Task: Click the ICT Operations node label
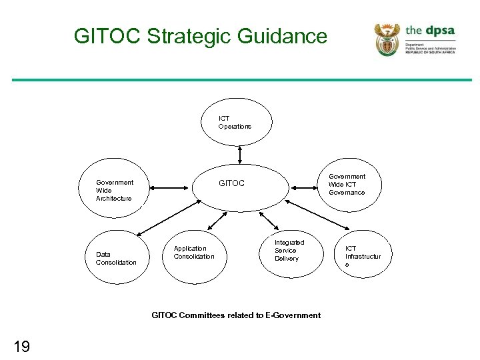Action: click(x=235, y=123)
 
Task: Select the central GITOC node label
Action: click(x=232, y=183)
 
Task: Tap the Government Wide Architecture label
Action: click(x=114, y=190)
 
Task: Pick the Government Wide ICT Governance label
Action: click(x=347, y=185)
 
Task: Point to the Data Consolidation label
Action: click(x=116, y=258)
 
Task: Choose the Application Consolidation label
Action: click(x=194, y=252)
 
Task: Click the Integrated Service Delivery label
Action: click(x=289, y=251)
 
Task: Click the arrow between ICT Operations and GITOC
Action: click(x=239, y=155)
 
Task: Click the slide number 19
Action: click(x=21, y=345)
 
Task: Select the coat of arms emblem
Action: click(x=387, y=39)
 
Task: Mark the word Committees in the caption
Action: click(x=203, y=315)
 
